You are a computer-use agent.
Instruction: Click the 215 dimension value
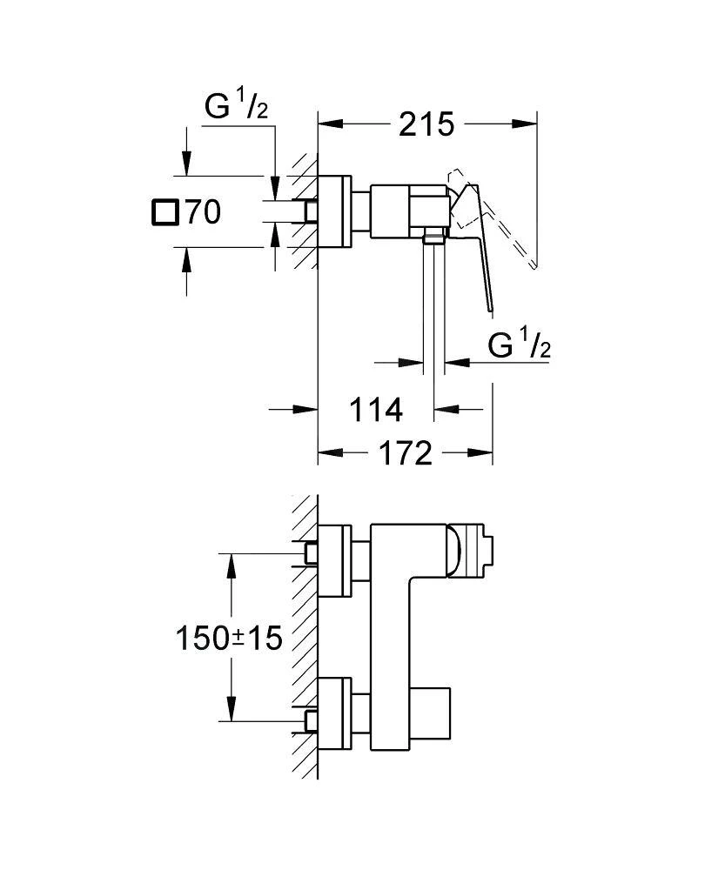[426, 124]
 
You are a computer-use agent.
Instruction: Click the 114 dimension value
[376, 409]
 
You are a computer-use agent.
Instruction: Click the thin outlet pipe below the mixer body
[433, 322]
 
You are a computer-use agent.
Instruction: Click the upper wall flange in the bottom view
[335, 561]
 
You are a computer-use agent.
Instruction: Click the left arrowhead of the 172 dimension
[326, 453]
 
